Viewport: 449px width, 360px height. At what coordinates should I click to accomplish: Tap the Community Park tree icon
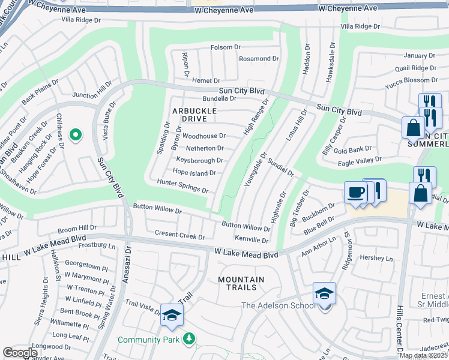tap(190, 340)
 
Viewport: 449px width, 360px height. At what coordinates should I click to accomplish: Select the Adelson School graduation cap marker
tap(324, 295)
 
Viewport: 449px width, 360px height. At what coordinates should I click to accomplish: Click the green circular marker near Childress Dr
tap(75, 136)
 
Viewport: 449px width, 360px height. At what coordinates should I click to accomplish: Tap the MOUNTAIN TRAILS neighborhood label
tap(241, 283)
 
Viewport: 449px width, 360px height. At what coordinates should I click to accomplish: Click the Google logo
tap(20, 353)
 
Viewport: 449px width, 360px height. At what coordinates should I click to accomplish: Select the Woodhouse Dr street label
tap(203, 136)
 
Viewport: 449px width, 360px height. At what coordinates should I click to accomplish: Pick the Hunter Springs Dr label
tap(182, 186)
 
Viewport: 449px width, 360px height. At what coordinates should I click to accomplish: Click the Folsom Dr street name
tap(224, 48)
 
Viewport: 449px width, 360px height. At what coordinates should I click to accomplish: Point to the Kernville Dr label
tap(252, 240)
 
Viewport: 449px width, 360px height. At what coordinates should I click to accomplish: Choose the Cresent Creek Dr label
tap(179, 235)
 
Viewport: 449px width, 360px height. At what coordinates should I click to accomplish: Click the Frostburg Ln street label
tap(97, 245)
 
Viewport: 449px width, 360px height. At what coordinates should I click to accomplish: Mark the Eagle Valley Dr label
tap(360, 160)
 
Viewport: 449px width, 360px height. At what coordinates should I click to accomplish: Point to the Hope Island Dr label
tap(194, 173)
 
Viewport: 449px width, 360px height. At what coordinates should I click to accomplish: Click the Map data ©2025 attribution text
tap(424, 355)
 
